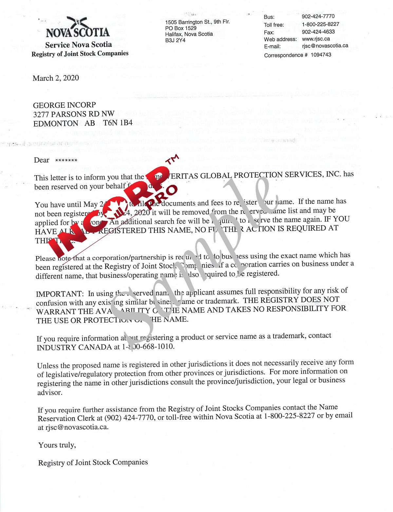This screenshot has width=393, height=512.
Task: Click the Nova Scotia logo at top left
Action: [x=78, y=28]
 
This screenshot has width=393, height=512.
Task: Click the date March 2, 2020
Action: [x=56, y=78]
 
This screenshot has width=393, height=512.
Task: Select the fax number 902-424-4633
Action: [x=318, y=32]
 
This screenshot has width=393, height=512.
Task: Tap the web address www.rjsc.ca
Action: [x=316, y=39]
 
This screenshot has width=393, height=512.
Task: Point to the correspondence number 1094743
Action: [x=321, y=55]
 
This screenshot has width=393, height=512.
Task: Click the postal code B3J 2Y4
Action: [x=175, y=40]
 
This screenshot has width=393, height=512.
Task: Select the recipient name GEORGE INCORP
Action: [x=64, y=105]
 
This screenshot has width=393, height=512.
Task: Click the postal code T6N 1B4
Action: [x=118, y=123]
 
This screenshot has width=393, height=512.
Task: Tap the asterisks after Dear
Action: [x=66, y=161]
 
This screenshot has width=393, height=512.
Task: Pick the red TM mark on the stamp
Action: [x=172, y=159]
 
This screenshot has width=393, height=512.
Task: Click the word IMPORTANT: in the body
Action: [x=60, y=294]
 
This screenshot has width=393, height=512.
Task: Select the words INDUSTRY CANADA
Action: [x=74, y=347]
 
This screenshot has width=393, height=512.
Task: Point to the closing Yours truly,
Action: [x=57, y=445]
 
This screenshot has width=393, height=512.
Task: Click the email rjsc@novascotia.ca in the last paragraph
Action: [x=77, y=427]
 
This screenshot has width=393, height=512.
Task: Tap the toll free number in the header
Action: [x=320, y=24]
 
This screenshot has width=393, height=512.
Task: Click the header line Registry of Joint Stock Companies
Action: [x=80, y=54]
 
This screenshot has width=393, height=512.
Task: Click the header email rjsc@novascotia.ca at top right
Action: [x=325, y=46]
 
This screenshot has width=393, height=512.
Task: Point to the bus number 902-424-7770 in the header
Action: [x=318, y=16]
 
